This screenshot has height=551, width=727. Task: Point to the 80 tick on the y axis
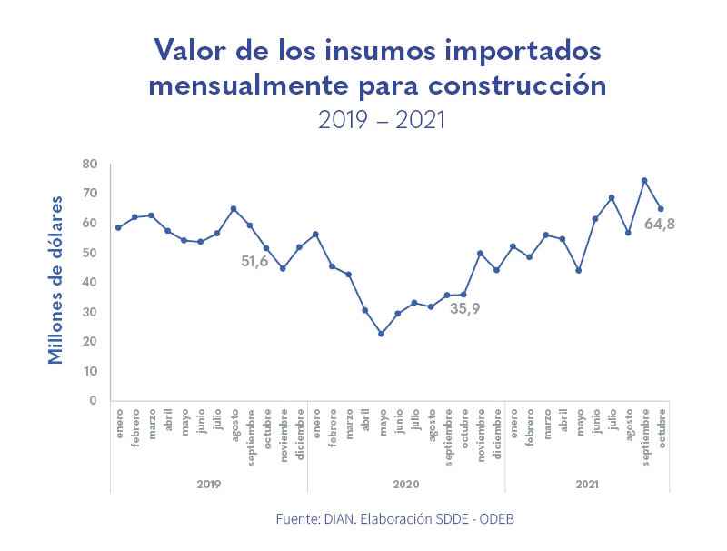[x=89, y=164]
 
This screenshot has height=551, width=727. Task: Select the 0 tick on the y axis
[x=93, y=400]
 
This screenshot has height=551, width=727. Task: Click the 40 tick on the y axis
[x=89, y=282]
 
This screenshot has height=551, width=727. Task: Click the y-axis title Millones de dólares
[x=56, y=279]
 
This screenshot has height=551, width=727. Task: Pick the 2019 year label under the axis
[x=209, y=484]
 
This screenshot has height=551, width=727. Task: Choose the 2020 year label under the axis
[x=406, y=484]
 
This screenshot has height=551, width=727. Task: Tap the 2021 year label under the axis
[x=587, y=484]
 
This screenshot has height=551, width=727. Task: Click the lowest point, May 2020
[x=382, y=334]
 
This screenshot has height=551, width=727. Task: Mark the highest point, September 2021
[x=644, y=180]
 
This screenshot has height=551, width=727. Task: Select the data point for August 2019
[x=234, y=208]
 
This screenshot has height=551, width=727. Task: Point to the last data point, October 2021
[x=661, y=209]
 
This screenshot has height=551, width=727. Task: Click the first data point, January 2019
[x=118, y=227]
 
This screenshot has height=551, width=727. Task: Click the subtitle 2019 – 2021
[x=382, y=119]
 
